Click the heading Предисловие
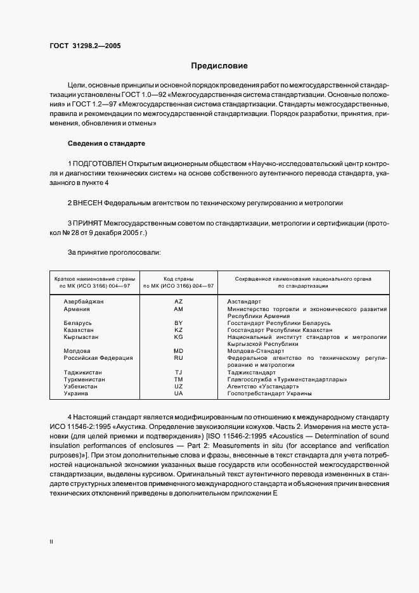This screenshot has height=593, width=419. coord(219,66)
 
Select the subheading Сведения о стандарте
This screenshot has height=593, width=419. coord(106,143)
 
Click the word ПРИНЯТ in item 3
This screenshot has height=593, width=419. coord(88,224)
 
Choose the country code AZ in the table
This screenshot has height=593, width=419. coord(178,302)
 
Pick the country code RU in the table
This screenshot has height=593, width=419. coord(178,358)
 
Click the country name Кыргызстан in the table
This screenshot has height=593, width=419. coord(81,337)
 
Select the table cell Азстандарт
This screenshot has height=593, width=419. coord(244,302)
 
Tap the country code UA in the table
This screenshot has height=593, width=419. coord(178,393)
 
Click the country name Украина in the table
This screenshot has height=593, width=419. coord(76,393)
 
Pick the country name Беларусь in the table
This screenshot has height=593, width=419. coord(79,323)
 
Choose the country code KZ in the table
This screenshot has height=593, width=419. coord(178,330)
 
